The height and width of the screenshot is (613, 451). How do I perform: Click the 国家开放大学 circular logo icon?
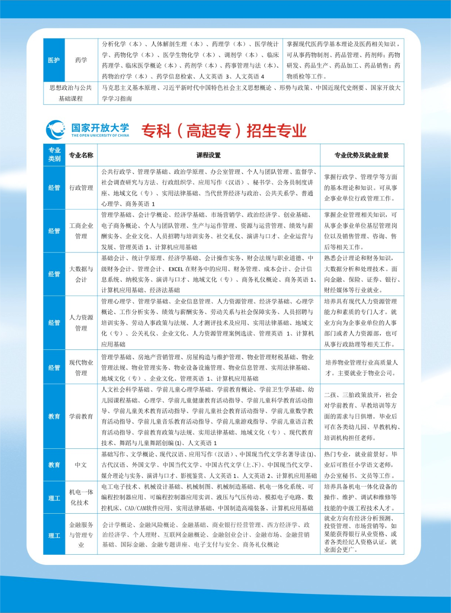pyautogui.click(x=55, y=130)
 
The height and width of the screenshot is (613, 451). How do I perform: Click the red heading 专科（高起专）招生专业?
pyautogui.click(x=224, y=131)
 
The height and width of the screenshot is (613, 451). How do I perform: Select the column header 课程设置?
pyautogui.click(x=208, y=155)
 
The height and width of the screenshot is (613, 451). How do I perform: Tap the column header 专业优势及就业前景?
pyautogui.click(x=362, y=155)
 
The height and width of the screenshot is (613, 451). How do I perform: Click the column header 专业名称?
pyautogui.click(x=81, y=155)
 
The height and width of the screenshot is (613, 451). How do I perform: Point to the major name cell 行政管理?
pyautogui.click(x=81, y=188)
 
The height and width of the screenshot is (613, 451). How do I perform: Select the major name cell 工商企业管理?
pyautogui.click(x=81, y=231)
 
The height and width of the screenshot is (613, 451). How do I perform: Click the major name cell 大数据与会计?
pyautogui.click(x=81, y=274)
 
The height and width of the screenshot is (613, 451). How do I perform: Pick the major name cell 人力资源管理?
pyautogui.click(x=81, y=323)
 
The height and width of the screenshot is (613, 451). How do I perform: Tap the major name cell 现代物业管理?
pyautogui.click(x=81, y=367)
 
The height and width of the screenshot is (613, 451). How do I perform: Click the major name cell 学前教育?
pyautogui.click(x=81, y=416)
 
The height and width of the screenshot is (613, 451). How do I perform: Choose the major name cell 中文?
pyautogui.click(x=81, y=465)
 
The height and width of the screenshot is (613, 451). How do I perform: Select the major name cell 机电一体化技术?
pyautogui.click(x=81, y=497)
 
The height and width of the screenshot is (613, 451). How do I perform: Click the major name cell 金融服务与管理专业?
pyautogui.click(x=81, y=535)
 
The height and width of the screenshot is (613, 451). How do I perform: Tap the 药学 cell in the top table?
pyautogui.click(x=81, y=60)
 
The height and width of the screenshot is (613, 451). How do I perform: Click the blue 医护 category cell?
pyautogui.click(x=54, y=60)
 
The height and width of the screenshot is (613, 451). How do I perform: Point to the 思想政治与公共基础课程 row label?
pyautogui.click(x=71, y=93)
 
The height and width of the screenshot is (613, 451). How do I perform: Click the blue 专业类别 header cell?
pyautogui.click(x=54, y=154)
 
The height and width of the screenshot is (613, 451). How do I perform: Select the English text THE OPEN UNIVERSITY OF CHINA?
pyautogui.click(x=100, y=135)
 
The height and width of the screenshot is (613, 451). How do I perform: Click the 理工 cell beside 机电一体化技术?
pyautogui.click(x=54, y=498)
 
